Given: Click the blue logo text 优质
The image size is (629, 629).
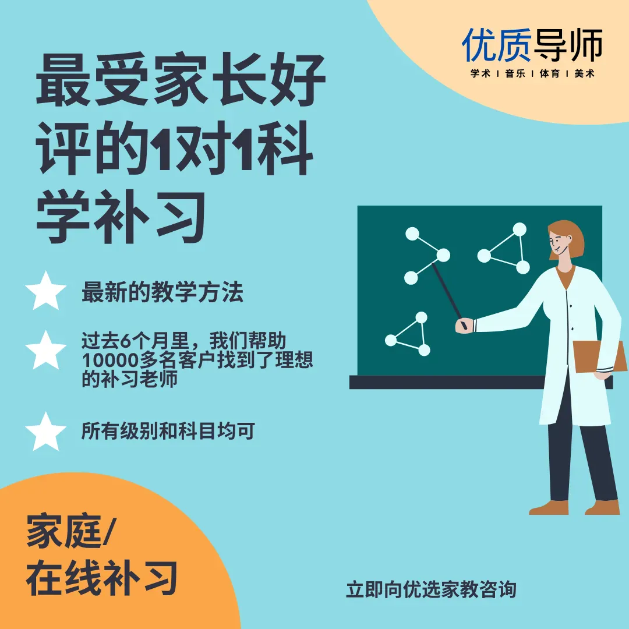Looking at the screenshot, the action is click(497, 45).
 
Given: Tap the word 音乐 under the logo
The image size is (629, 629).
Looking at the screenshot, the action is click(515, 73).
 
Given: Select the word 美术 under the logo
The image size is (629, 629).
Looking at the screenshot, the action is click(584, 73).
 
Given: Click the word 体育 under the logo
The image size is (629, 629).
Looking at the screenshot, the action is click(550, 73).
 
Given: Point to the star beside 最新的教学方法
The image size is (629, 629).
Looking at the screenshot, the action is click(46, 291).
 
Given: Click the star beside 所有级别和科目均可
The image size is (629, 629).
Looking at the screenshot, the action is click(46, 432).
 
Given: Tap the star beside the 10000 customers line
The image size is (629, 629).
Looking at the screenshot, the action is click(46, 350).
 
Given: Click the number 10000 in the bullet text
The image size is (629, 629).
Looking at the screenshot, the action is click(110, 360).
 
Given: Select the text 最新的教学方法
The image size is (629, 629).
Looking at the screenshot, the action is click(162, 292).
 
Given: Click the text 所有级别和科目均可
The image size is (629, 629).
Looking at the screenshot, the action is click(168, 431).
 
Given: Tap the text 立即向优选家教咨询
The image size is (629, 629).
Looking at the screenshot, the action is click(431, 589).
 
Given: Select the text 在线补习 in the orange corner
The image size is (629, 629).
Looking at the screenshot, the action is click(102, 578).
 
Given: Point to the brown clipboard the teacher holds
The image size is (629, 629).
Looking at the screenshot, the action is click(599, 356).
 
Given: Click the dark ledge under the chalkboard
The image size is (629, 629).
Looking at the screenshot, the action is click(481, 382).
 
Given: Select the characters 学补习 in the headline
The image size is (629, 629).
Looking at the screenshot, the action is click(121, 217).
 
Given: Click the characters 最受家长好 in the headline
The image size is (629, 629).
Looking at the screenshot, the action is click(181, 79).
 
